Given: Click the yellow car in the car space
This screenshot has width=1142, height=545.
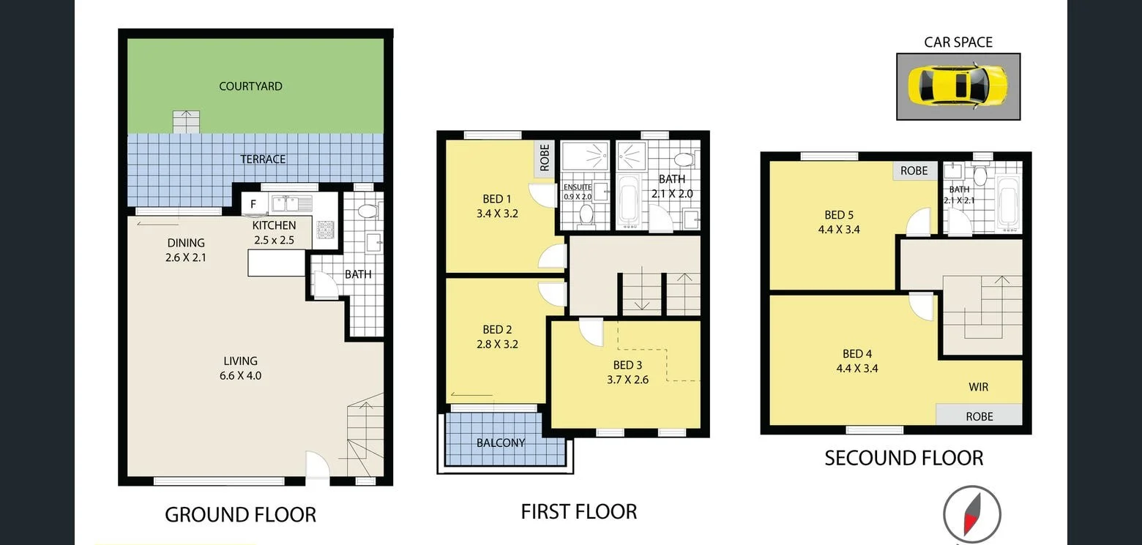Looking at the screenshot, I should tap(958, 86).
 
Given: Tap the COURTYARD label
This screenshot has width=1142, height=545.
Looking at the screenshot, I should tap(250, 86).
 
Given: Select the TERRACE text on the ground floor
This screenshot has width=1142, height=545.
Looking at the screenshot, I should tap(263, 159).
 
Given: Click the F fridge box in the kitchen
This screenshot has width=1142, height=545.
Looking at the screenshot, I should tap(253, 204).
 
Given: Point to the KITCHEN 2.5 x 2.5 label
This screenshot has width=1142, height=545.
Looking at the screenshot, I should tap(274, 232).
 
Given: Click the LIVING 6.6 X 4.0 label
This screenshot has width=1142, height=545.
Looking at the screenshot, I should tap(241, 368).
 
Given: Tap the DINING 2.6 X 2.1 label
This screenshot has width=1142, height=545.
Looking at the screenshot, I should tap(185, 250).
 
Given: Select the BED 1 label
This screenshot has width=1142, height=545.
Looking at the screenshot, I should tap(497, 206).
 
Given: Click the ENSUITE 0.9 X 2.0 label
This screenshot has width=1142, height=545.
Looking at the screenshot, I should tap(578, 192).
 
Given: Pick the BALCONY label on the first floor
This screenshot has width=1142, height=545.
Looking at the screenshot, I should tap(501, 443).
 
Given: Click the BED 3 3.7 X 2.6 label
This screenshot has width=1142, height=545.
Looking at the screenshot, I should tap(627, 372).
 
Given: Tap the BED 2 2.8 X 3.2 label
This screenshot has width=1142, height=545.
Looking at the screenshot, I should tap(497, 337).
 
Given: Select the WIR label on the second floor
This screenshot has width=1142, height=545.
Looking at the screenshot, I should tap(979, 387).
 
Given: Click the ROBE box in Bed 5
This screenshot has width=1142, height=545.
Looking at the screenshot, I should tap(914, 170).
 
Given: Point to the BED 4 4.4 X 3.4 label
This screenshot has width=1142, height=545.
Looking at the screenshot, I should tap(857, 361).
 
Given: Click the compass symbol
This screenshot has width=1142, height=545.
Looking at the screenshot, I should tap(971, 514).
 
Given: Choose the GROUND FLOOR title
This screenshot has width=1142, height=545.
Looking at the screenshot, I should tap(240, 515).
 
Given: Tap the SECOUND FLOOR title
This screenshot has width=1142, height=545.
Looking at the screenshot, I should tap(903, 458).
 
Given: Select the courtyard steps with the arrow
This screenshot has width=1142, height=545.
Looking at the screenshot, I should tap(186, 121).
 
